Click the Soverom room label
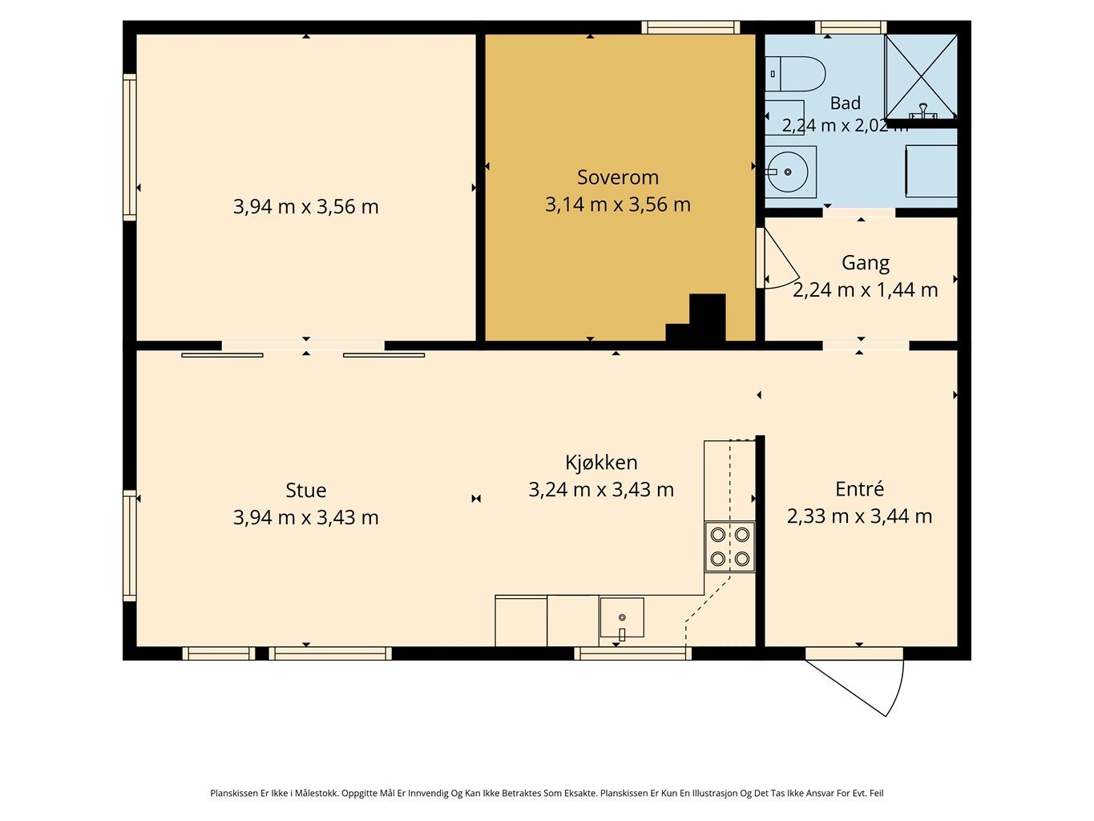point(617,177)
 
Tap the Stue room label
point(305,491)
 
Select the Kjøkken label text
point(601,463)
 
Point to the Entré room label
point(859,489)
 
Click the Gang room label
point(866,263)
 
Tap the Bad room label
point(846,103)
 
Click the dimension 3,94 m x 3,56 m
point(305,206)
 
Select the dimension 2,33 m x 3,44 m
point(859,516)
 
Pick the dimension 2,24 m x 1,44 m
point(866,290)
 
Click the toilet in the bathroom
point(795,74)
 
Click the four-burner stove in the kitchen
point(729,546)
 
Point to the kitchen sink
point(621,617)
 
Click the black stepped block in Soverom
point(696,317)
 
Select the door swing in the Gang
point(779,259)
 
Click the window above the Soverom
point(690,27)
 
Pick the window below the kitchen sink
point(632,653)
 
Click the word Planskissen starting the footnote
point(234,793)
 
